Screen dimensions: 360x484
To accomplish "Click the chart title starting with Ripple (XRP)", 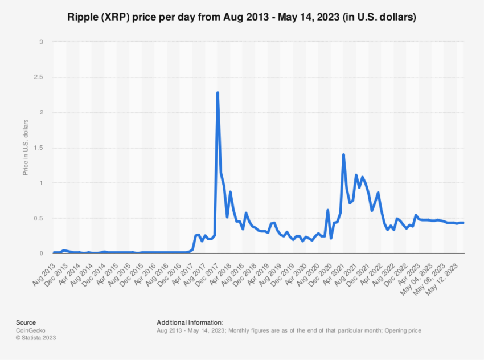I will tap(242, 18).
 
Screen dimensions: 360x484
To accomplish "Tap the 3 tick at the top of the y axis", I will tap(41, 42).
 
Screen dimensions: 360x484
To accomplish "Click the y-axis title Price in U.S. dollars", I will tap(26, 147).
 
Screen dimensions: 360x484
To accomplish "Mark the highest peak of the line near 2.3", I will tap(218, 92).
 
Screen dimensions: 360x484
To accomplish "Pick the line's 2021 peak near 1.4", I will tap(343, 154).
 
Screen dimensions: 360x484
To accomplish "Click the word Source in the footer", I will tap(26, 322).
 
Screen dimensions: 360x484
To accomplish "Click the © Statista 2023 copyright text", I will tap(36, 338).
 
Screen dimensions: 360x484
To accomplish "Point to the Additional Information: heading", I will tap(190, 322).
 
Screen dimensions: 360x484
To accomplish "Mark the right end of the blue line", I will tap(463, 223).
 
